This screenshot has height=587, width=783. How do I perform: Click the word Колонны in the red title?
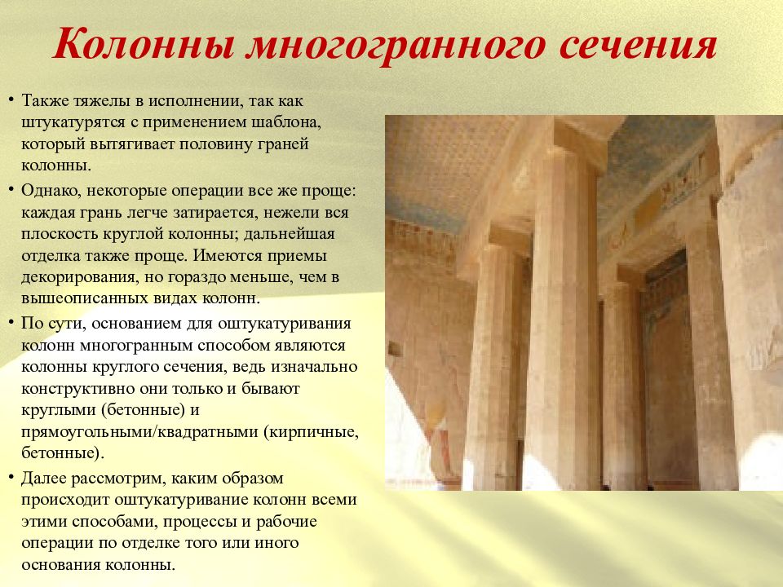(144, 44)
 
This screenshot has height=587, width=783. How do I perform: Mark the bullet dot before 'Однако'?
(11, 190)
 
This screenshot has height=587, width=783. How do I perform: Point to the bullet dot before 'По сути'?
(11, 323)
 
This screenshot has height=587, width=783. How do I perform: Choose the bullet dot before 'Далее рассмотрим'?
(11, 478)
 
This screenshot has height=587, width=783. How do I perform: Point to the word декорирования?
(77, 277)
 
